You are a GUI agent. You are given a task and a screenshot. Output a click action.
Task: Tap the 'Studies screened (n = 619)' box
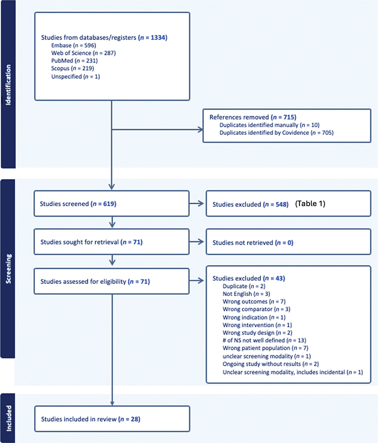pos(112,204)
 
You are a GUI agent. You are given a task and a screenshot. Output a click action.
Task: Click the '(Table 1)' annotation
pos(310,204)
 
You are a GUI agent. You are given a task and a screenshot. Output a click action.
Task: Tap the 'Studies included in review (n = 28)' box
pos(112,418)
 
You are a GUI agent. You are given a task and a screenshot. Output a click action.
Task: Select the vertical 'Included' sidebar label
pos(7,418)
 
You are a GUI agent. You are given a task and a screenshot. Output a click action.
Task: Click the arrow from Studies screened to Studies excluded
pos(197,204)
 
